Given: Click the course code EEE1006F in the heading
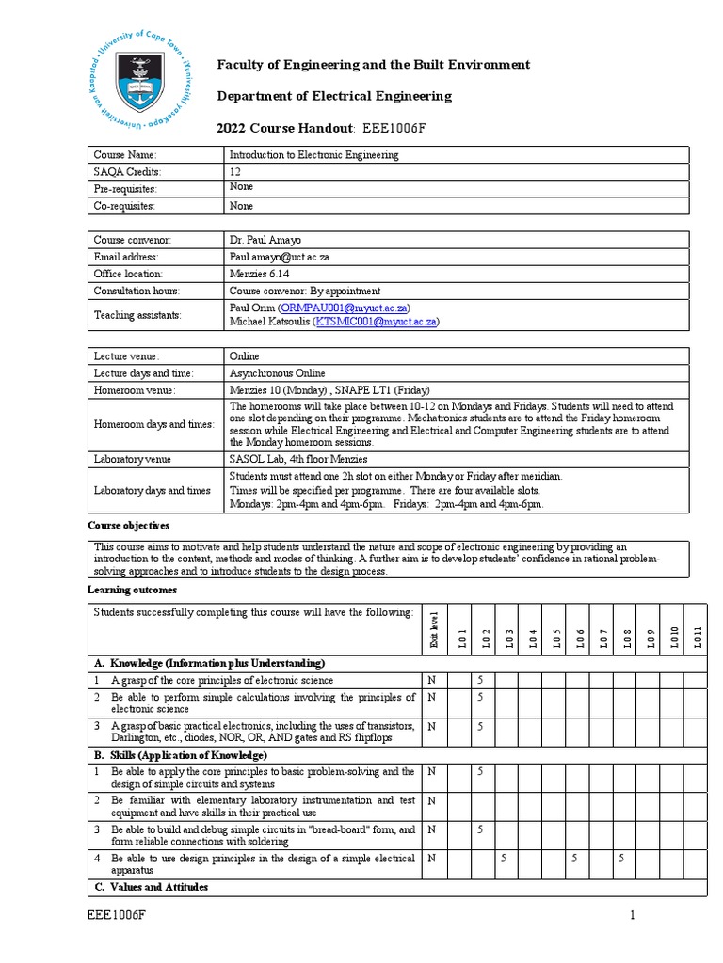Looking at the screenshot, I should coord(394,128).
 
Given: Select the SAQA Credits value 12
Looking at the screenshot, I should coord(235,172).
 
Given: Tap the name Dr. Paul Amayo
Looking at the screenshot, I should coord(265,240).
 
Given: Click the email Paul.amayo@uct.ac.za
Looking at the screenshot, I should coord(278,257).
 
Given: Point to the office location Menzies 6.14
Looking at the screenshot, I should coord(260,274).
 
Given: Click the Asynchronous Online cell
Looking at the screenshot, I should coord(278,373).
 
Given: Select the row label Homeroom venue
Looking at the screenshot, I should coord(135,390).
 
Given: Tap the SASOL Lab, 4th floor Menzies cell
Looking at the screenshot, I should coord(298,459).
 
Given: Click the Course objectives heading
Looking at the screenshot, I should coord(129,526).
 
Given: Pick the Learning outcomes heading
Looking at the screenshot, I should coord(132,590).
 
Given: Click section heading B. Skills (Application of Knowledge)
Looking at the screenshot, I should coord(180,755).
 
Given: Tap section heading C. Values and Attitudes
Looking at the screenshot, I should coord(150,887).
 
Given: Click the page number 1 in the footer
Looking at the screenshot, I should coord(634,915).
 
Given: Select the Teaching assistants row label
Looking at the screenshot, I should coord(137,314).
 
